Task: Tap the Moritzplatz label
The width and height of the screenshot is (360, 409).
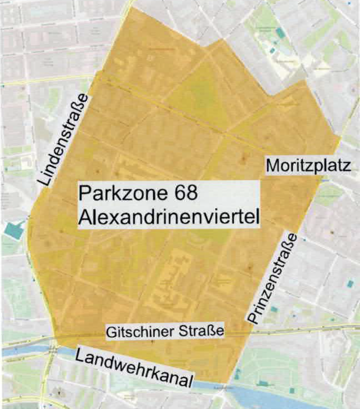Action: (x=308, y=166)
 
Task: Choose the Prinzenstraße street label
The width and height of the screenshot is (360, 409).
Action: (x=273, y=279)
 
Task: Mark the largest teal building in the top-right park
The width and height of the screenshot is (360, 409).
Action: (x=280, y=33)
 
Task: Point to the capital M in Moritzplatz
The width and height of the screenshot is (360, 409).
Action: (x=272, y=166)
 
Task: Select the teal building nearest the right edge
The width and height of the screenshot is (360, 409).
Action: (x=351, y=283)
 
